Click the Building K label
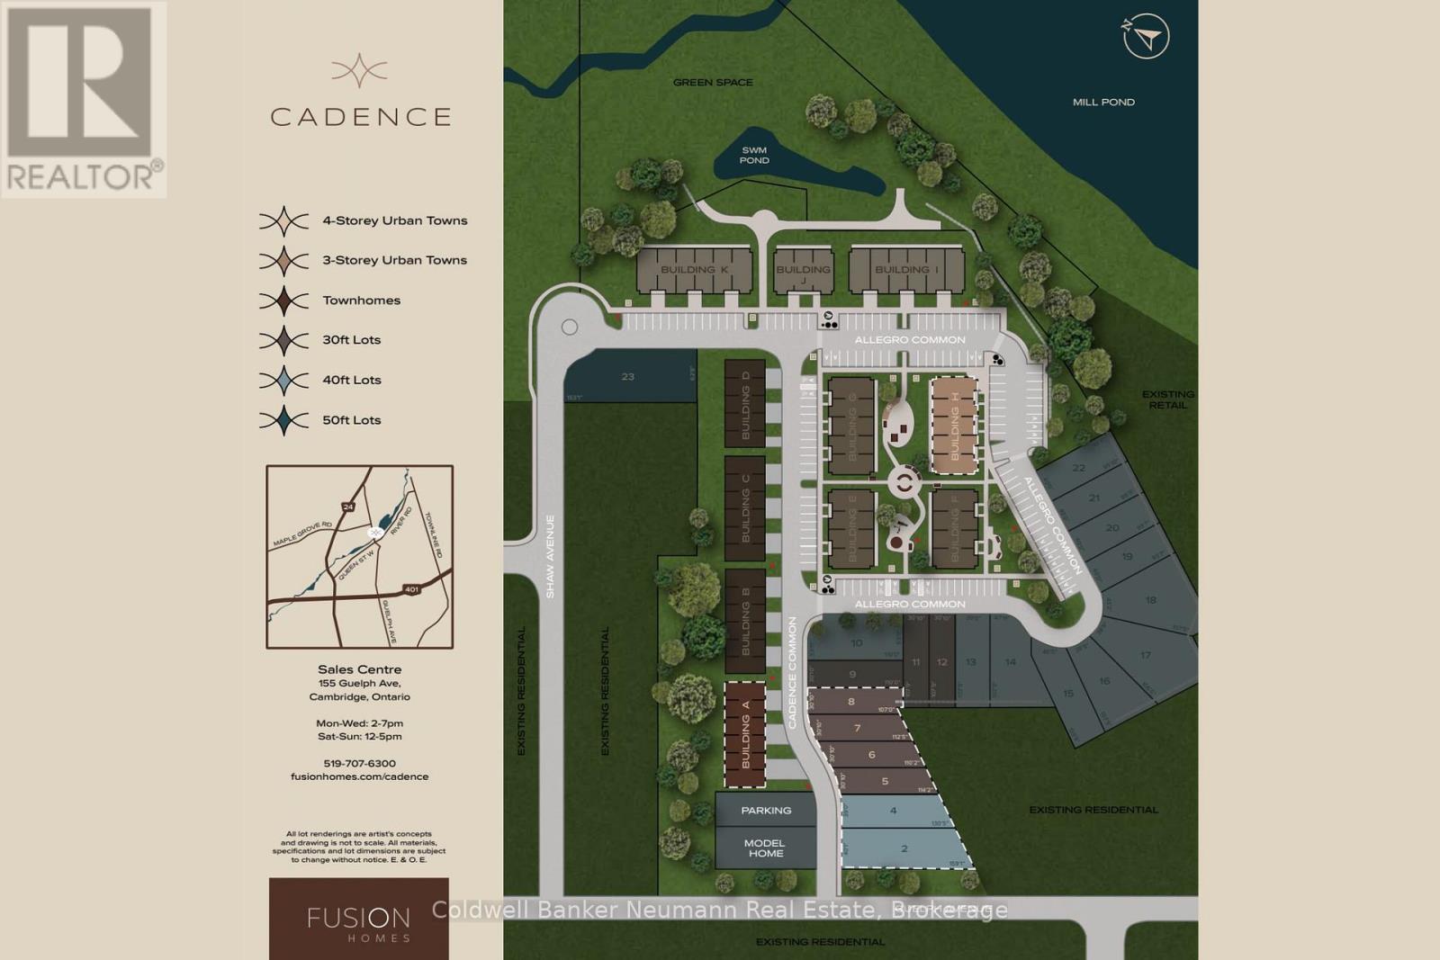694,270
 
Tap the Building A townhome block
745,734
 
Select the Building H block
954,426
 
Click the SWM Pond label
754,156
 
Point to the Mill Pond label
1103,102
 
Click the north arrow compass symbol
1146,37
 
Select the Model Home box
765,848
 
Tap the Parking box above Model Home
766,811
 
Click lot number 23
628,377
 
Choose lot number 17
1145,655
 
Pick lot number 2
904,848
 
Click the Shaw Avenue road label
550,556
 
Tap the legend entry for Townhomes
362,301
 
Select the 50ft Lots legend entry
352,420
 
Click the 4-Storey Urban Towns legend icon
283,220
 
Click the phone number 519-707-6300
359,764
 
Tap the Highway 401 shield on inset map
411,589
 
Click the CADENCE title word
360,117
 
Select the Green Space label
713,83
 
